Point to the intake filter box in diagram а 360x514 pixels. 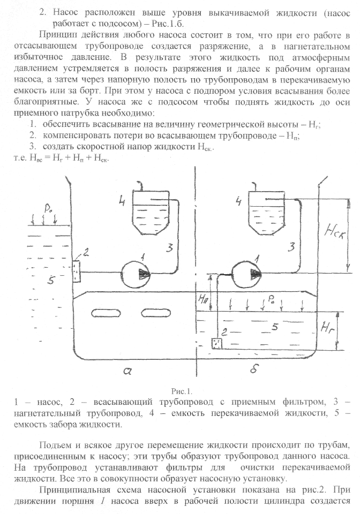click(77, 271)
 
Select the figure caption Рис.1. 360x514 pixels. click(180, 391)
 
